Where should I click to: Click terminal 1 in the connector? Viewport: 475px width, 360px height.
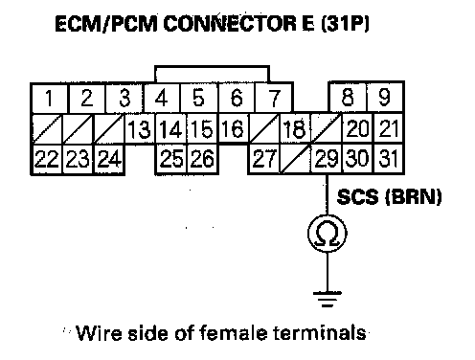[x=50, y=98]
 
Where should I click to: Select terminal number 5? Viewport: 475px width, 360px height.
[x=199, y=98]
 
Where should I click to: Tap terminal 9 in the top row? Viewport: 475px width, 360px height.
[x=385, y=98]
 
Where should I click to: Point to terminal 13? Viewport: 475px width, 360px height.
[x=140, y=129]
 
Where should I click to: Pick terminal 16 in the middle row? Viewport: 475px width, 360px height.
[x=234, y=128]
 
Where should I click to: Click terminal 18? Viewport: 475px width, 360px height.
[x=294, y=128]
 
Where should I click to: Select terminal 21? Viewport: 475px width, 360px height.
[x=389, y=128]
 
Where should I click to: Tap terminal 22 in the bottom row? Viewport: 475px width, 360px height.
[x=47, y=159]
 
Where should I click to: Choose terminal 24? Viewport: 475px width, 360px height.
[x=109, y=159]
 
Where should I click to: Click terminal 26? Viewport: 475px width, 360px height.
[x=203, y=159]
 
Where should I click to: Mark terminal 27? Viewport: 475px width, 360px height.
[x=264, y=159]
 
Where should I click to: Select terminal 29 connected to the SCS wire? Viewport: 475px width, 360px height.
[x=327, y=159]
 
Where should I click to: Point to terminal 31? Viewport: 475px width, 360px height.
[x=389, y=159]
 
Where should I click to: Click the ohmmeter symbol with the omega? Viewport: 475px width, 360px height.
[x=328, y=234]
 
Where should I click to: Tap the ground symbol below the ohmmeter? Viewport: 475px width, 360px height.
[x=328, y=299]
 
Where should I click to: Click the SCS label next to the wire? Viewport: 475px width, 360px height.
[x=357, y=196]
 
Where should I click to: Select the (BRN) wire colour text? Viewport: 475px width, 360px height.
[x=414, y=196]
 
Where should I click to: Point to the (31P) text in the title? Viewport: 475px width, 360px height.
[x=345, y=24]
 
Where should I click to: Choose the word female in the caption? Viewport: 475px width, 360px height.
[x=234, y=333]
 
